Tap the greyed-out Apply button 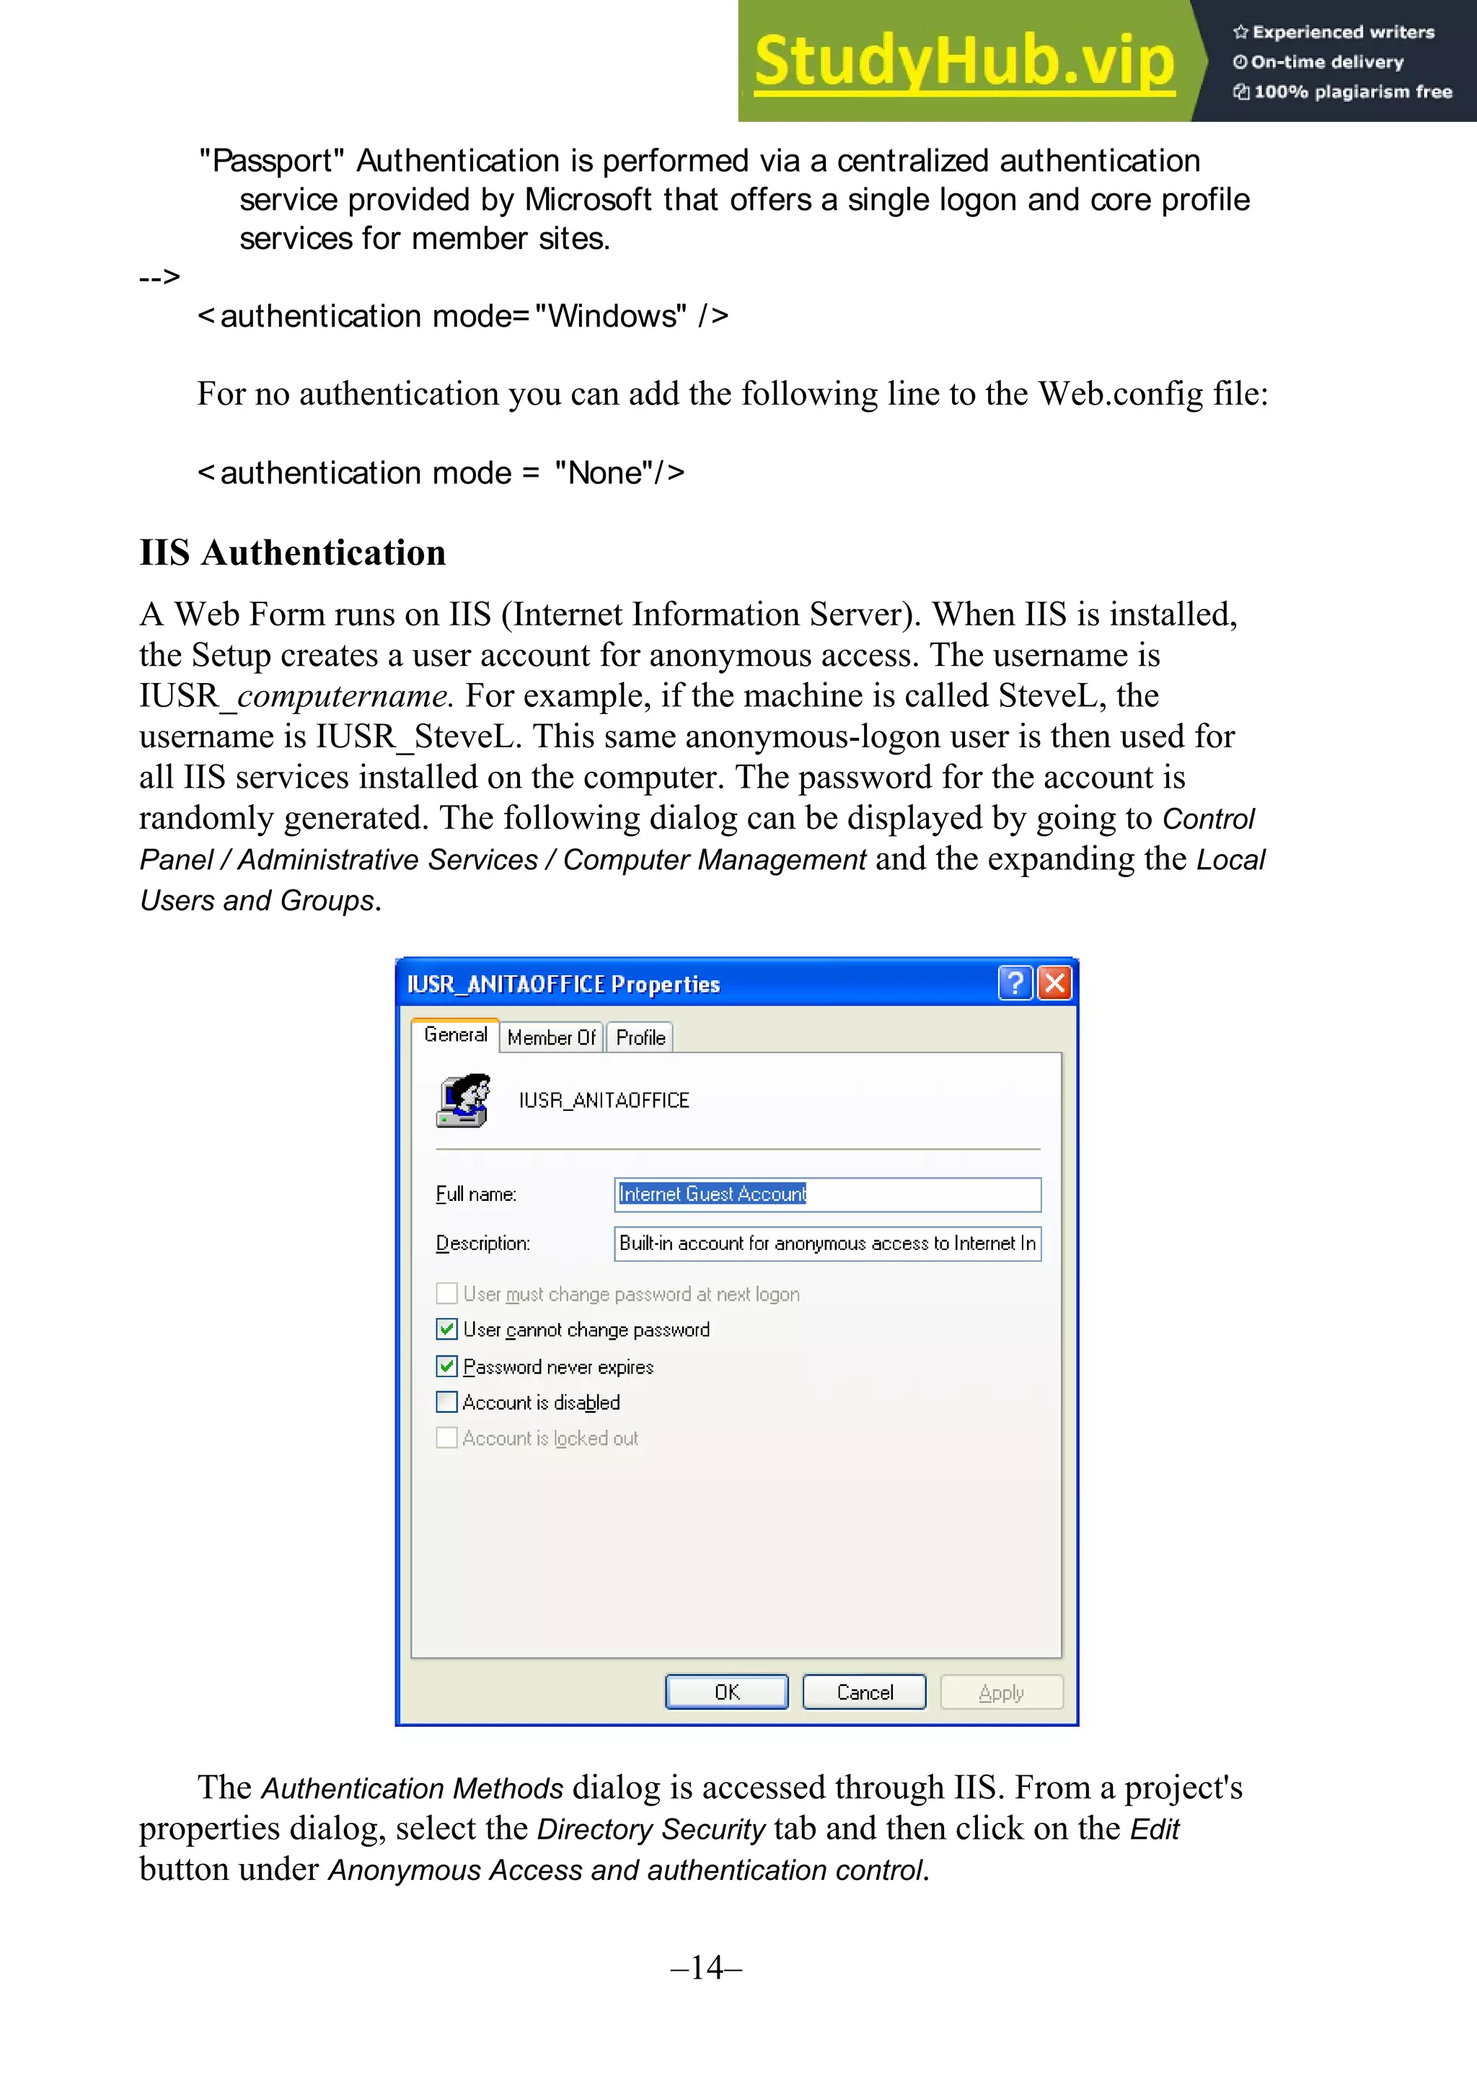(1001, 1692)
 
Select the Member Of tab (551, 1037)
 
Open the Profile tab (640, 1037)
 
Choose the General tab (455, 1035)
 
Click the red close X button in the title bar (1055, 982)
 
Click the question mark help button (1015, 982)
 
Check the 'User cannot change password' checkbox (446, 1329)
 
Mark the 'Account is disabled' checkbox (446, 1402)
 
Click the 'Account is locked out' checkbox (446, 1438)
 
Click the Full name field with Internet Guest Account (826, 1194)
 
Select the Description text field (826, 1243)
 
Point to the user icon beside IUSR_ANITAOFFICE (464, 1100)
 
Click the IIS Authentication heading (292, 553)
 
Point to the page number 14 (707, 1967)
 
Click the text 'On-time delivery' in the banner (1326, 62)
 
